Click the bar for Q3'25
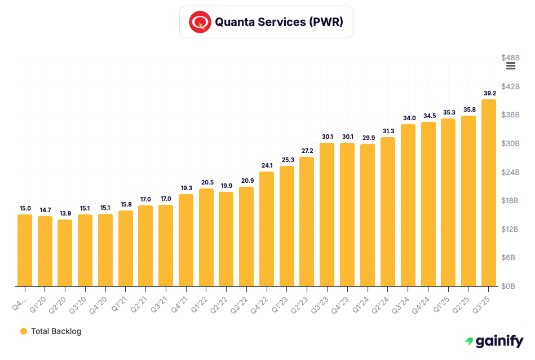(488, 193)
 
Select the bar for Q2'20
(65, 253)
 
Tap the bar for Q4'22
(267, 229)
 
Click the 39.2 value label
(489, 93)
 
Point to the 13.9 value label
(65, 213)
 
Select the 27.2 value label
(307, 151)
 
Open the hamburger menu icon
(511, 66)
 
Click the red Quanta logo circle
(199, 23)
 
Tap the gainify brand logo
(494, 341)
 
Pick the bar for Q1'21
(126, 248)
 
